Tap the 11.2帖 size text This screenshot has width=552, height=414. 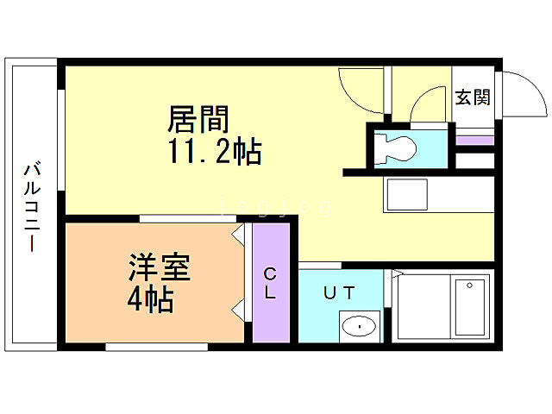[213, 152]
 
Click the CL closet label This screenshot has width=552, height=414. [270, 284]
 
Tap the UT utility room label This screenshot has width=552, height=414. [339, 293]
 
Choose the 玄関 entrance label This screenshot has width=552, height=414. [473, 97]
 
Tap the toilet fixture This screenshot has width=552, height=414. [396, 146]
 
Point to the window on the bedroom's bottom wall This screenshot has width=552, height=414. [156, 348]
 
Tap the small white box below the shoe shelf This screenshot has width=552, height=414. [474, 160]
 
